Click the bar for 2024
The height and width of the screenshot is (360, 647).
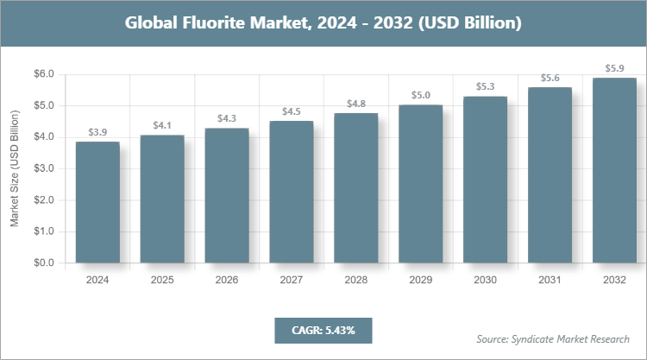click(97, 202)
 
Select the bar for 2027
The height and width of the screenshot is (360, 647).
click(292, 192)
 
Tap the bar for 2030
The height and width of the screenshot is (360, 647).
click(486, 180)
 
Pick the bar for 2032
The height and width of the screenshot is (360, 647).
click(615, 170)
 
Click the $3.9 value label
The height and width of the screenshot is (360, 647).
click(97, 132)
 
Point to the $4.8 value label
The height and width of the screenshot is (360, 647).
click(356, 104)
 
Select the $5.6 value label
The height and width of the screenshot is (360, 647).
click(550, 78)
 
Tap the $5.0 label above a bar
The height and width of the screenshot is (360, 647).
click(421, 95)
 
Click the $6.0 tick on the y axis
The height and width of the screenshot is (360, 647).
click(42, 74)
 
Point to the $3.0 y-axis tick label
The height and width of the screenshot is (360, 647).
click(42, 168)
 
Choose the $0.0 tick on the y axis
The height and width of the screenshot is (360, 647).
click(42, 262)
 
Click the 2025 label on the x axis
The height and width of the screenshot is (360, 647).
click(162, 280)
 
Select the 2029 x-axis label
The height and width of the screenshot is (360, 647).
click(421, 280)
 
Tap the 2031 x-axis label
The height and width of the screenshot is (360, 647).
click(550, 280)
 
